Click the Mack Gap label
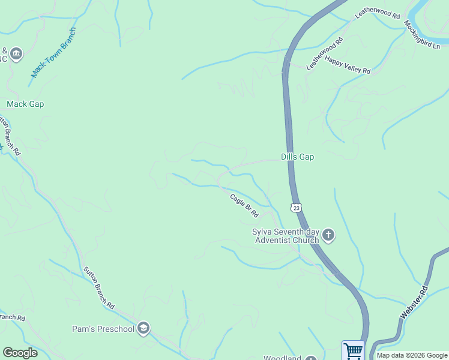point(25,104)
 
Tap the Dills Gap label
point(298,157)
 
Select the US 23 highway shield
point(295,208)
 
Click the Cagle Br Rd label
point(244,206)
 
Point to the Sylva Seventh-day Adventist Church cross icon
point(328,235)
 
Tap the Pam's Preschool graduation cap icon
point(143,328)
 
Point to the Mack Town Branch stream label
point(54,52)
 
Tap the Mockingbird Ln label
point(422,35)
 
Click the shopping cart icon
point(353,350)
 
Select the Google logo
point(20,353)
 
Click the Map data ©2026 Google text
point(412,355)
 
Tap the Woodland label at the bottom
point(283,358)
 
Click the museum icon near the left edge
point(16,54)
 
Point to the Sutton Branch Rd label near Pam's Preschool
point(99,287)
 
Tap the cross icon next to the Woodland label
point(310,358)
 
